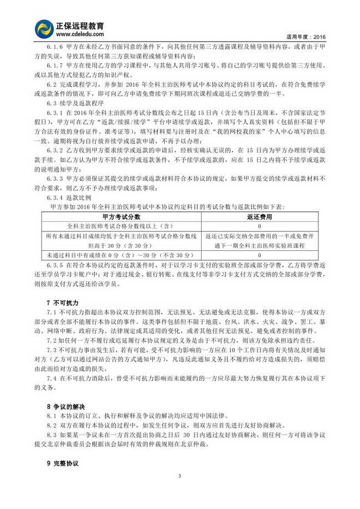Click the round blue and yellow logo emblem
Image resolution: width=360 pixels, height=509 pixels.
click(x=44, y=29)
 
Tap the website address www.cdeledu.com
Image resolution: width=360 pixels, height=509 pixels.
click(x=80, y=34)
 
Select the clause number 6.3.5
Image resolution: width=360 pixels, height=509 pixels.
click(x=58, y=265)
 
